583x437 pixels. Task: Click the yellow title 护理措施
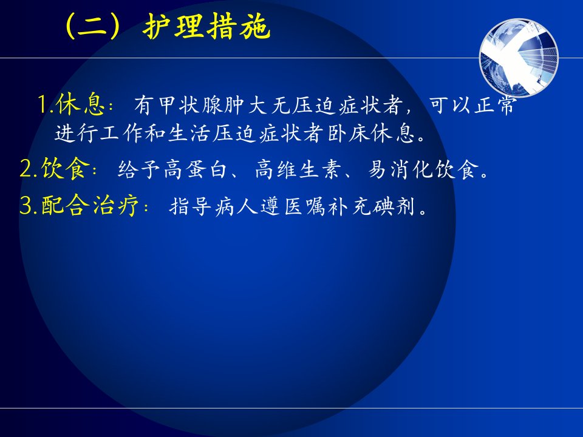[206, 26]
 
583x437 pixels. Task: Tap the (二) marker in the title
[93, 26]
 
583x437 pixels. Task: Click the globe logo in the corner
[519, 58]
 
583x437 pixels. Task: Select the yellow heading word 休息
[80, 104]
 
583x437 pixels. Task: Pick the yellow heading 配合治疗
[90, 205]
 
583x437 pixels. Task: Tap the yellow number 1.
[44, 104]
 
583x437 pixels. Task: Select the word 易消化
[400, 169]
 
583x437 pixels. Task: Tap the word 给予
[138, 169]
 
